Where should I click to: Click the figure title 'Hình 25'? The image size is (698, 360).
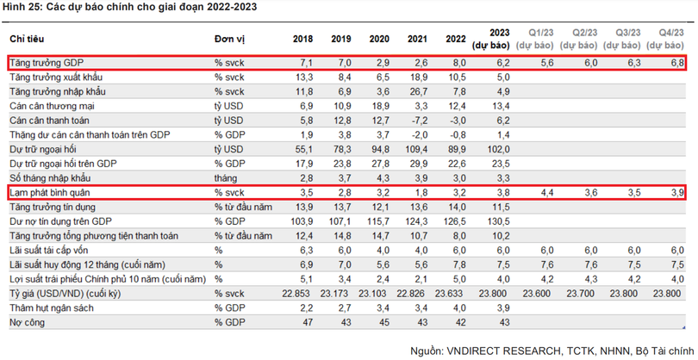click(x=24, y=8)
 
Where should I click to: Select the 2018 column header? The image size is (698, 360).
click(x=302, y=40)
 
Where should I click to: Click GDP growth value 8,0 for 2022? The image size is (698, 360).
click(x=459, y=63)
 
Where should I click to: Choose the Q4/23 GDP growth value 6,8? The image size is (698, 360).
click(x=676, y=63)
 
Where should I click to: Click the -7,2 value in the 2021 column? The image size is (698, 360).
click(x=419, y=120)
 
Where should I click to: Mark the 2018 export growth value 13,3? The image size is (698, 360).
click(x=305, y=78)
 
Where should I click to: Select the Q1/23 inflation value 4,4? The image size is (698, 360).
click(x=546, y=192)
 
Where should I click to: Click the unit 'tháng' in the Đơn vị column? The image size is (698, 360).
click(x=226, y=177)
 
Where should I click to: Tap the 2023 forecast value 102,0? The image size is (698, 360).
click(x=502, y=148)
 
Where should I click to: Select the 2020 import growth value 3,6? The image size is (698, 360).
click(x=382, y=91)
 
